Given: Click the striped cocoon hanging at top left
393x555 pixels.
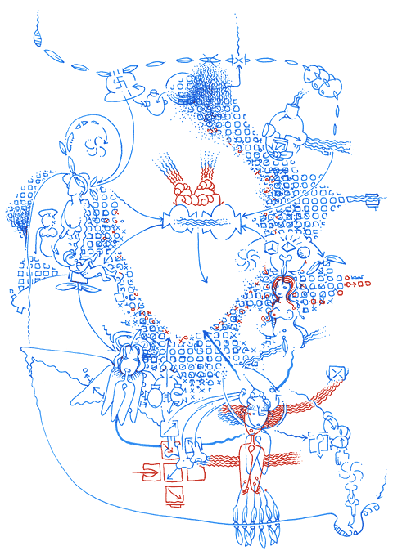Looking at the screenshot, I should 35,36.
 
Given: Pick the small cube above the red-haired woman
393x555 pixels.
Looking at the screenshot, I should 273,249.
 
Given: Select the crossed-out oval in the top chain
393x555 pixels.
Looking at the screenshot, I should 210,58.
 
